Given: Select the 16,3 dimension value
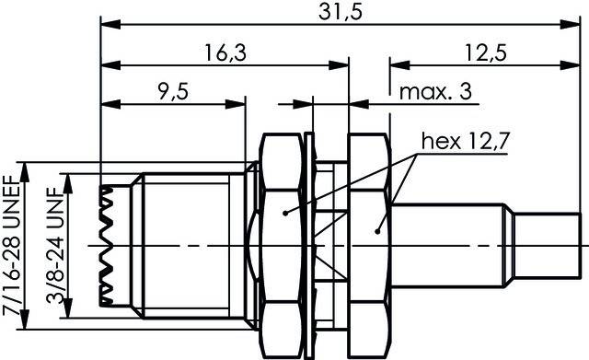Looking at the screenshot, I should point(224,52).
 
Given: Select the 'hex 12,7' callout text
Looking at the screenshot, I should point(468,141).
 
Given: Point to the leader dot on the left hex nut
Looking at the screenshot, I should point(285,213).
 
